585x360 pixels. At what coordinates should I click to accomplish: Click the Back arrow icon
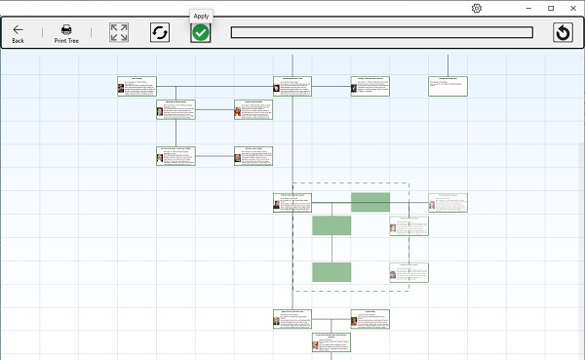tap(18, 29)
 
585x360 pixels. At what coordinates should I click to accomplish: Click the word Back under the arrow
tap(18, 41)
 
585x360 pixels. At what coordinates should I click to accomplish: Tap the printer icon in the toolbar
tap(66, 29)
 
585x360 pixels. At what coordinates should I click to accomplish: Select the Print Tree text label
tap(66, 41)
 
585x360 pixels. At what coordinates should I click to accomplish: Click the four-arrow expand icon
tap(119, 32)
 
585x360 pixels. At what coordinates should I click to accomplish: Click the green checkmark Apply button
tap(201, 32)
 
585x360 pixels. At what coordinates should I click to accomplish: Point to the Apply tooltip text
tap(201, 16)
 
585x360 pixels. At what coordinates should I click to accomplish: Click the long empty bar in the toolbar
tap(381, 32)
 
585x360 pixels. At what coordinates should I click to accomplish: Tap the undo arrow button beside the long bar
tap(562, 33)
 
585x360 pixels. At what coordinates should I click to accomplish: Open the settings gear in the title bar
tap(477, 8)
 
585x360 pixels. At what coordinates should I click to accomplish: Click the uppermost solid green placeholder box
tap(370, 202)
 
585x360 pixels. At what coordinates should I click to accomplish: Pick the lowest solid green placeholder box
tap(331, 271)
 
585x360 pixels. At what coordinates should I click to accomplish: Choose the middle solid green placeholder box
tap(331, 225)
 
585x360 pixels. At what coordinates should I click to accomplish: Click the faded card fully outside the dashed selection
tap(448, 202)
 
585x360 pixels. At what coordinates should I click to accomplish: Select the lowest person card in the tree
tap(331, 341)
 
